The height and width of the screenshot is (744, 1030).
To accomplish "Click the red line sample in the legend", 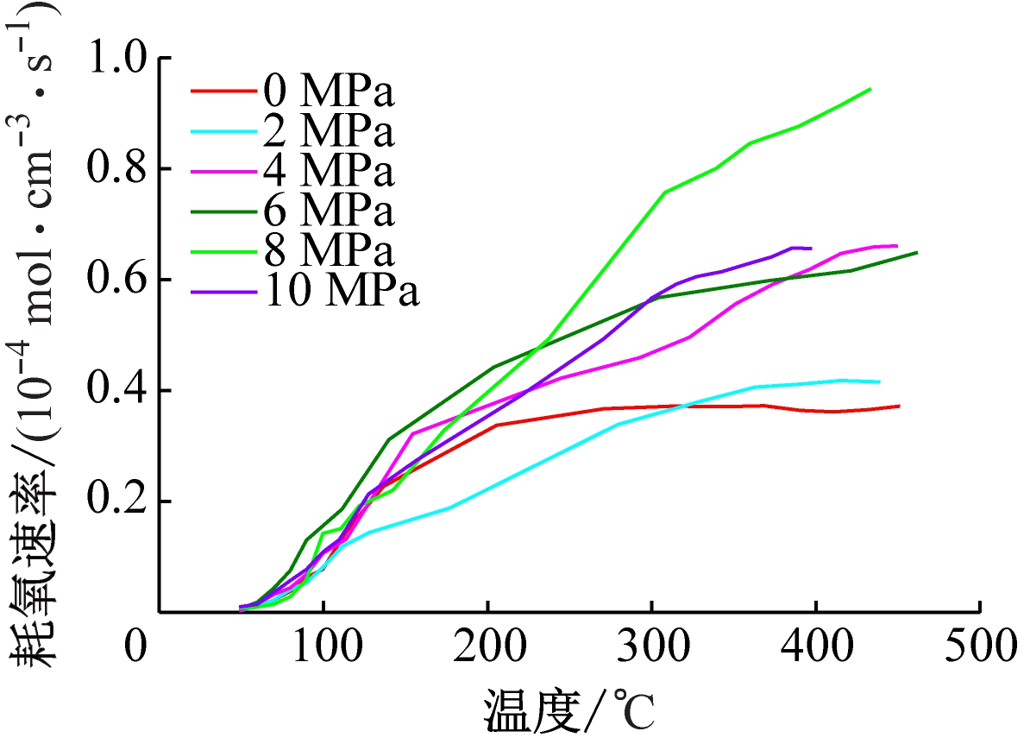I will coord(223,90).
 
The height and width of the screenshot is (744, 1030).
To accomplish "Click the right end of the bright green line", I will coord(870,88).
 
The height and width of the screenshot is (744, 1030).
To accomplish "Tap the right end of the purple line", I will coord(811,249).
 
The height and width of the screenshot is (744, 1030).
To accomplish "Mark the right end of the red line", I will coord(900,406).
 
